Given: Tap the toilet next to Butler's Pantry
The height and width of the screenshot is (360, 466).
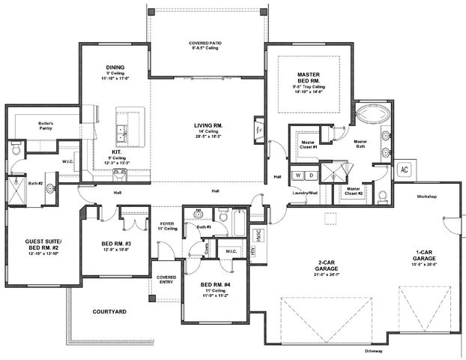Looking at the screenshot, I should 16,151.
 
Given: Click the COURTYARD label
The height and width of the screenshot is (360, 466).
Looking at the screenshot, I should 109,311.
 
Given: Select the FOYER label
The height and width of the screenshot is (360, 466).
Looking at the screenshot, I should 167,223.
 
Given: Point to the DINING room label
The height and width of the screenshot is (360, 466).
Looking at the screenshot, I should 116,65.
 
